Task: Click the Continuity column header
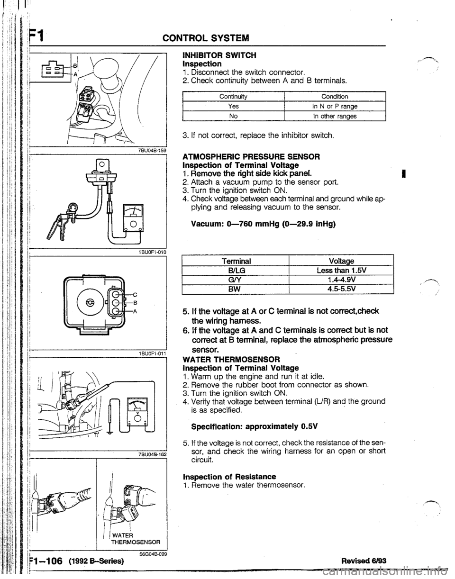click(234, 97)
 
